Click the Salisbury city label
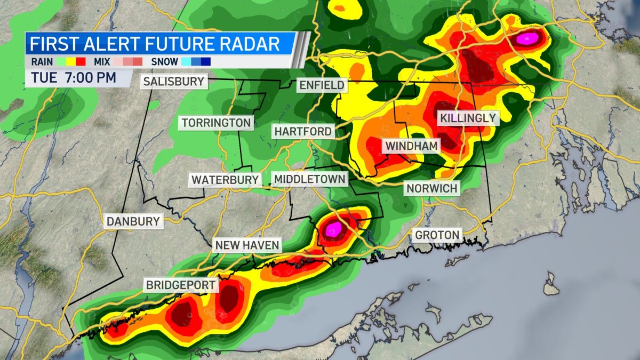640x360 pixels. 174,82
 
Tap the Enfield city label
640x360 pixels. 322,85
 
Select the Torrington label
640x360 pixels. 216,123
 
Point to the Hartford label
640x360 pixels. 303,131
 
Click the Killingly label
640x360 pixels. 468,118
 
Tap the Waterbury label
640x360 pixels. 225,180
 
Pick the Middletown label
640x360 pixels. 309,179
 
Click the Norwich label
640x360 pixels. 431,188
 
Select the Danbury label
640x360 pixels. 133,221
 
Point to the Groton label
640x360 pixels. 437,235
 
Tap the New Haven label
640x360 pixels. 247,245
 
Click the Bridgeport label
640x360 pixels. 181,285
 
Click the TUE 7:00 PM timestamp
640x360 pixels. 74,77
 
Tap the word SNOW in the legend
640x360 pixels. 164,61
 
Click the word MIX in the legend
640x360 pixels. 99,61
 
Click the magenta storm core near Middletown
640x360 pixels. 334,229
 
